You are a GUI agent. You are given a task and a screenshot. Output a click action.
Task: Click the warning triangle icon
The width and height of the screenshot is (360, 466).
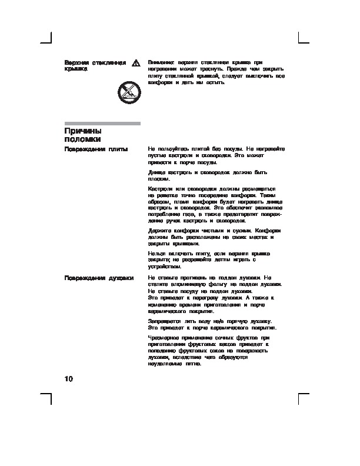(135, 62)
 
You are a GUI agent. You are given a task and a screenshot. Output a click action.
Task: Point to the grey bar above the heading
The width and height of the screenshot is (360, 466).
(102, 124)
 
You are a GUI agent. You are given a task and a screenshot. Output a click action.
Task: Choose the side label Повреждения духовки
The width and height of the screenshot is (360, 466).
(98, 277)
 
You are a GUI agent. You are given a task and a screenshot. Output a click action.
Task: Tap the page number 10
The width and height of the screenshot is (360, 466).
(68, 378)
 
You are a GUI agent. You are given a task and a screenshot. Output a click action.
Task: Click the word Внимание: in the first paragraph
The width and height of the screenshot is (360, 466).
(161, 62)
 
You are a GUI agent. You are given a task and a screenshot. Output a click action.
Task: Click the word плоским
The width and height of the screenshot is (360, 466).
(159, 178)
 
